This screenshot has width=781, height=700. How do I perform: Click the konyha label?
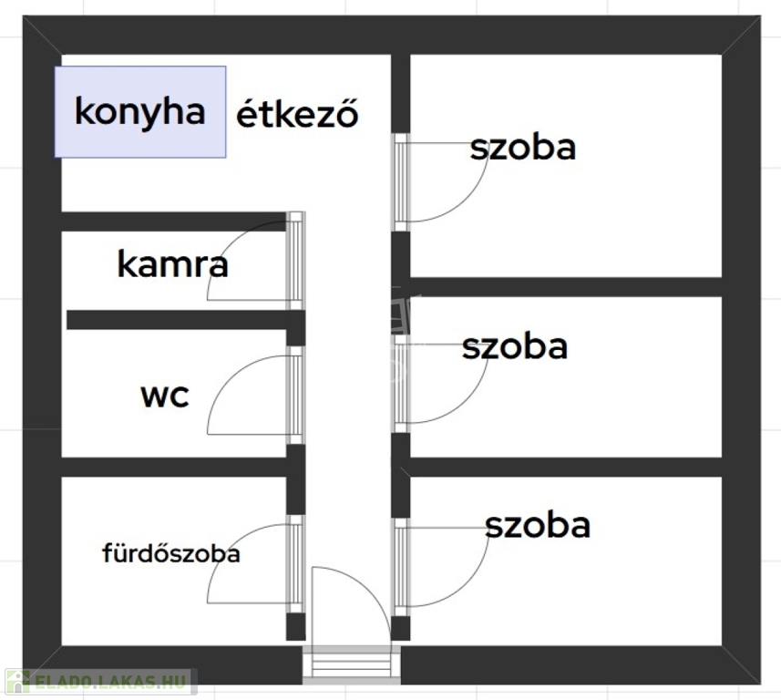140,111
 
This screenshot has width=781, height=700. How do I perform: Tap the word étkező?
297,114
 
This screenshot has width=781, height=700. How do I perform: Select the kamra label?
172,264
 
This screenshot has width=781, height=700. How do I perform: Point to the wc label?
165,396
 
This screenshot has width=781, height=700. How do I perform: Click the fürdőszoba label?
170,553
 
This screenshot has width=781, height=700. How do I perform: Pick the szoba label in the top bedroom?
523,148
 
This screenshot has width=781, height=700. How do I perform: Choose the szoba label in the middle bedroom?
515,346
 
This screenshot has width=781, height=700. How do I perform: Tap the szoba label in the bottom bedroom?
538,525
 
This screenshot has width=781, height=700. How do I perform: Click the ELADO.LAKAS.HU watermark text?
110,682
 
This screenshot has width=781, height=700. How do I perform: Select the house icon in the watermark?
18,682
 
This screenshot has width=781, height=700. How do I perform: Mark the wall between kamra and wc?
186,320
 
